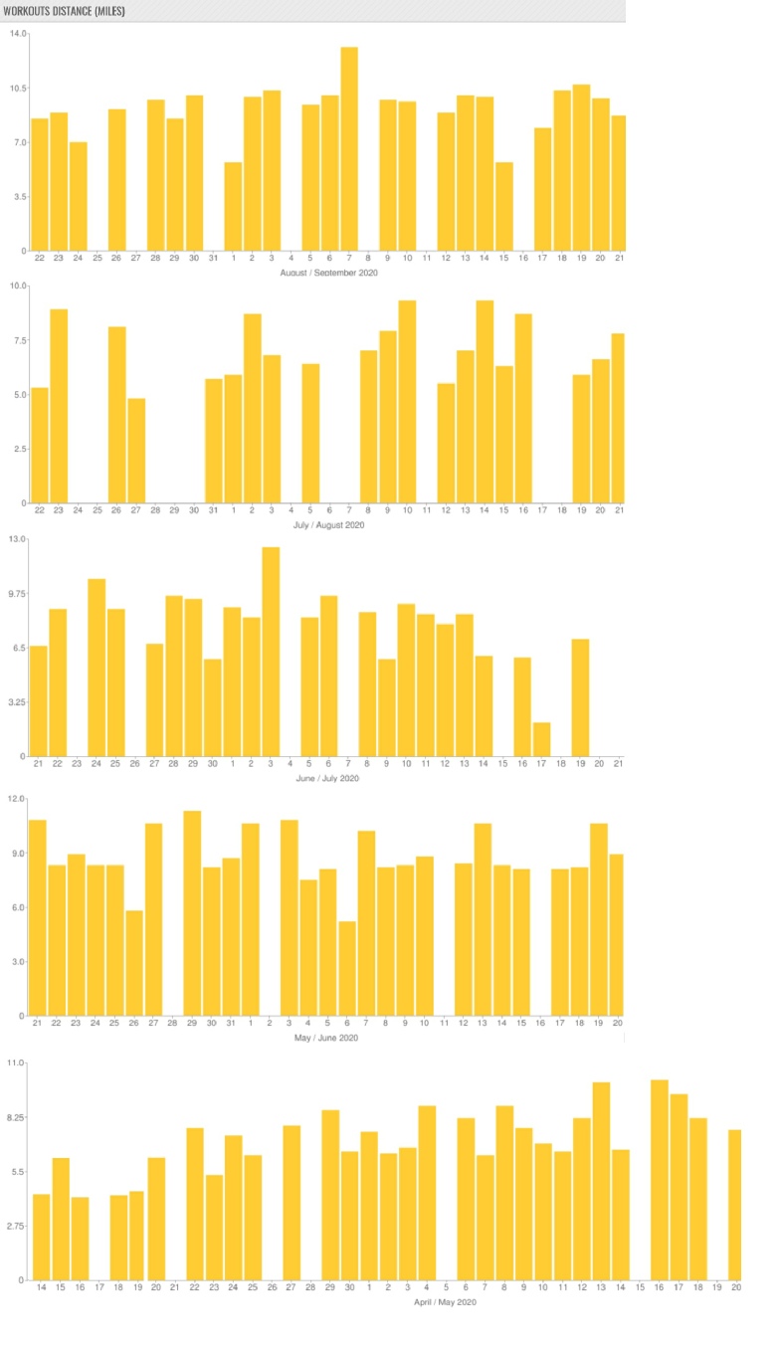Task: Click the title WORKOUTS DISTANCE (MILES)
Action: [x=64, y=10]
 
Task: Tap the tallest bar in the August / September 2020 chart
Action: [x=349, y=149]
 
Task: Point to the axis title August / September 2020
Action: [x=330, y=273]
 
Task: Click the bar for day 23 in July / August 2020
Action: [x=59, y=406]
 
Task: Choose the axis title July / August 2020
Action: [x=330, y=524]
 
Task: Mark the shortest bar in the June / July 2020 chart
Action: [x=542, y=739]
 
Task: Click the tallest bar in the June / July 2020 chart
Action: [x=271, y=652]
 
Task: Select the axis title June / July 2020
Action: [x=327, y=778]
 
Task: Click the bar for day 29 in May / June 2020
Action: [x=192, y=913]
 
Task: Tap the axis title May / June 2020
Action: [x=326, y=1038]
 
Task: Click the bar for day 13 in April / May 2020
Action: [x=601, y=1181]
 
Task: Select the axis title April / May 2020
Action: [x=446, y=1301]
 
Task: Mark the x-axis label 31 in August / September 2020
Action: [x=213, y=259]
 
